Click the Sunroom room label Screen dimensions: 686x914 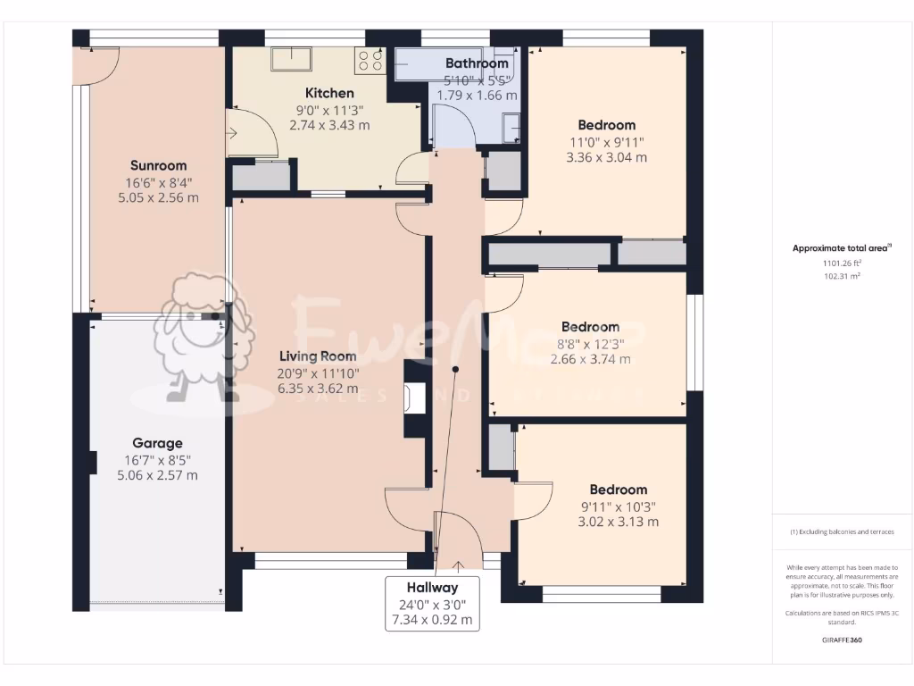click(x=158, y=165)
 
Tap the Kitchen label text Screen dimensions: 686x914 click(x=329, y=93)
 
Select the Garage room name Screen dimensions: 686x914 click(x=157, y=443)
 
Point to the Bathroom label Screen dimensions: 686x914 click(x=477, y=63)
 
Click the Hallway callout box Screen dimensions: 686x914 click(x=432, y=603)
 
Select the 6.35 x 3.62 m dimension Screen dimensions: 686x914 click(x=318, y=389)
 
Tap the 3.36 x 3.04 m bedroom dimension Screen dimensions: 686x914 click(x=606, y=157)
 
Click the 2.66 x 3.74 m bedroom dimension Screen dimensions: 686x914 click(x=590, y=359)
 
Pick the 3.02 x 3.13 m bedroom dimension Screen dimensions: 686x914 click(x=618, y=522)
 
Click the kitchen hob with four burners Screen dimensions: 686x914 click(x=370, y=60)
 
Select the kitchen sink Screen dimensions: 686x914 click(x=292, y=58)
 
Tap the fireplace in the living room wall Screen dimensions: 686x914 click(x=413, y=398)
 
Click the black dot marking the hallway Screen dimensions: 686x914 click(x=455, y=369)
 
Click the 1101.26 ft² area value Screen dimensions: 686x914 click(x=842, y=264)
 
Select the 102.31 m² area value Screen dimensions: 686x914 click(x=842, y=277)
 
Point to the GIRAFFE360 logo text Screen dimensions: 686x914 click(x=842, y=640)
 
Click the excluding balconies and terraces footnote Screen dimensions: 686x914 click(x=842, y=531)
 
